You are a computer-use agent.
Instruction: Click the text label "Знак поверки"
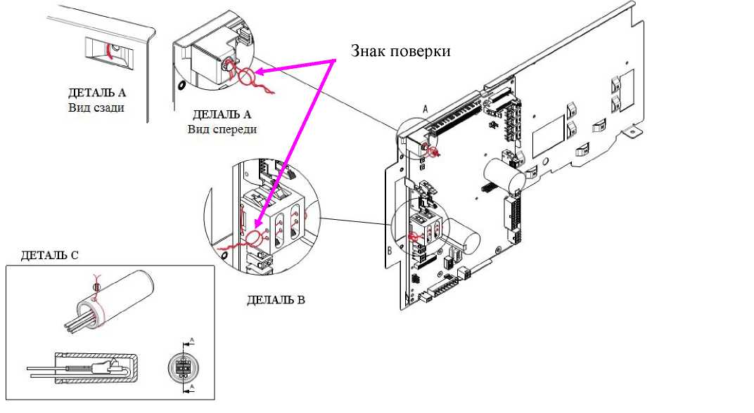[400, 51]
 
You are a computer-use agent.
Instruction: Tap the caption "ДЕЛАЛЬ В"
[276, 300]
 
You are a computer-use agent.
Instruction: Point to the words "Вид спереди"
[222, 129]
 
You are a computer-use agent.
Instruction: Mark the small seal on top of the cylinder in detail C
[96, 287]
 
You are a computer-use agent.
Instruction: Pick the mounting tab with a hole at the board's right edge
[632, 131]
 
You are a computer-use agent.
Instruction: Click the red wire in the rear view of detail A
[108, 50]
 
